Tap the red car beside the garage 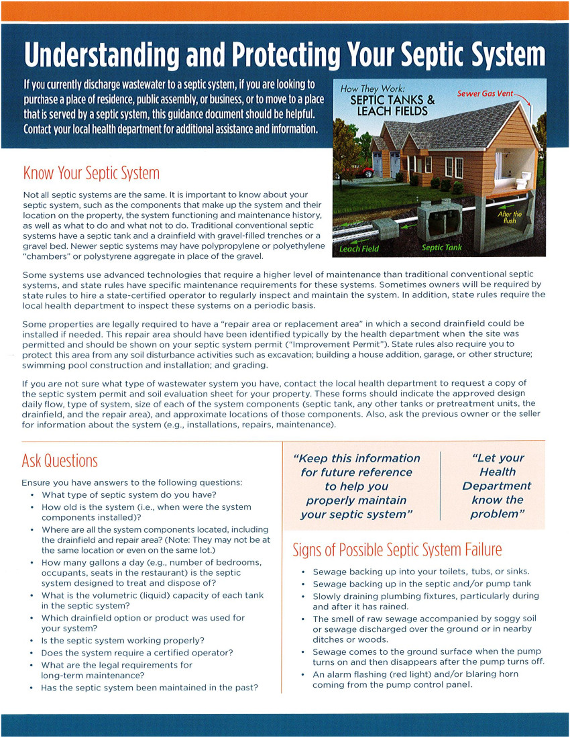click(x=367, y=172)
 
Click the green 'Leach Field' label click(x=359, y=248)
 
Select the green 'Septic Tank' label click(x=441, y=248)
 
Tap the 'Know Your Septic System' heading click(x=91, y=173)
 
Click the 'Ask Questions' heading click(x=60, y=461)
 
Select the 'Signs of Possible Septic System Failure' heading click(x=397, y=550)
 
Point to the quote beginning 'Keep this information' click(x=357, y=486)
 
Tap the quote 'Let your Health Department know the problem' click(x=497, y=486)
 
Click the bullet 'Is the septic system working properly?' click(x=123, y=640)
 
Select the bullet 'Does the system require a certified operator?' click(x=137, y=652)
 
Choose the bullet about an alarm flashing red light click(x=415, y=680)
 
